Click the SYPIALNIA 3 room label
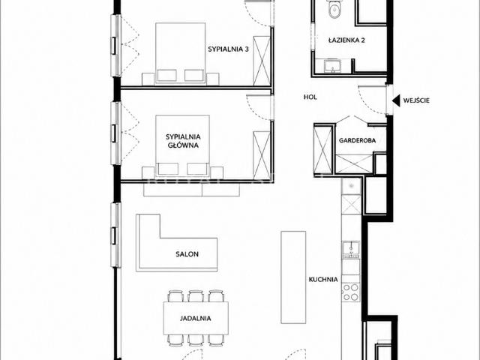point(228,49)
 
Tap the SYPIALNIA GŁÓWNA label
point(183,141)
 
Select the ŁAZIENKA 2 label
point(346,40)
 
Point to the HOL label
point(310,97)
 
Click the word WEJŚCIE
point(416,100)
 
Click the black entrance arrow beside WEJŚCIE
point(397,100)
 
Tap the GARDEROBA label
point(357,140)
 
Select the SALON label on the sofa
point(187,254)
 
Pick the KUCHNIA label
point(323,280)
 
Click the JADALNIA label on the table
point(195,318)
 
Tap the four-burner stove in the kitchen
point(351,292)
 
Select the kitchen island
point(293,277)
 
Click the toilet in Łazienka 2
point(334,8)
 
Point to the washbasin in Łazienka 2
point(332,66)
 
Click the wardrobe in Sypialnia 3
point(262,61)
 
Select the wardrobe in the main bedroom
point(262,155)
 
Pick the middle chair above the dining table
point(196,296)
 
